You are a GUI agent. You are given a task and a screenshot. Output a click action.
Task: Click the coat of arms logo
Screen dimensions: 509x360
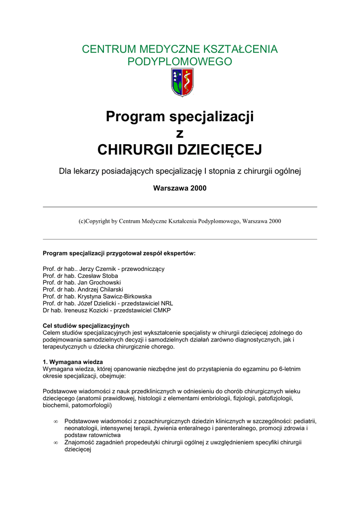pyautogui.click(x=182, y=83)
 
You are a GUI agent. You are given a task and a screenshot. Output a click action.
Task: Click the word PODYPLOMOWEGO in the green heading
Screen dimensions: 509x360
pyautogui.click(x=180, y=62)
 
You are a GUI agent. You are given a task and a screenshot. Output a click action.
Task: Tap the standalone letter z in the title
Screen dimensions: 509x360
pyautogui.click(x=180, y=133)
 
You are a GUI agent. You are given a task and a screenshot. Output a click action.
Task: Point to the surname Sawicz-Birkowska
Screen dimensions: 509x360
pyautogui.click(x=121, y=296)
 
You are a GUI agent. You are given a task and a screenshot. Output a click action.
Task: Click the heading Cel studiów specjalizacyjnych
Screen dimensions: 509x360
pyautogui.click(x=86, y=326)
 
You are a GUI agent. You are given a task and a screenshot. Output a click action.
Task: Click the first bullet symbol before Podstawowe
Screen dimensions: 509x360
pyautogui.click(x=56, y=422)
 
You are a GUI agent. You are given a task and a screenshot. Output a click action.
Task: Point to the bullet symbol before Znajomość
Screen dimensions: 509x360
pyautogui.click(x=56, y=442)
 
